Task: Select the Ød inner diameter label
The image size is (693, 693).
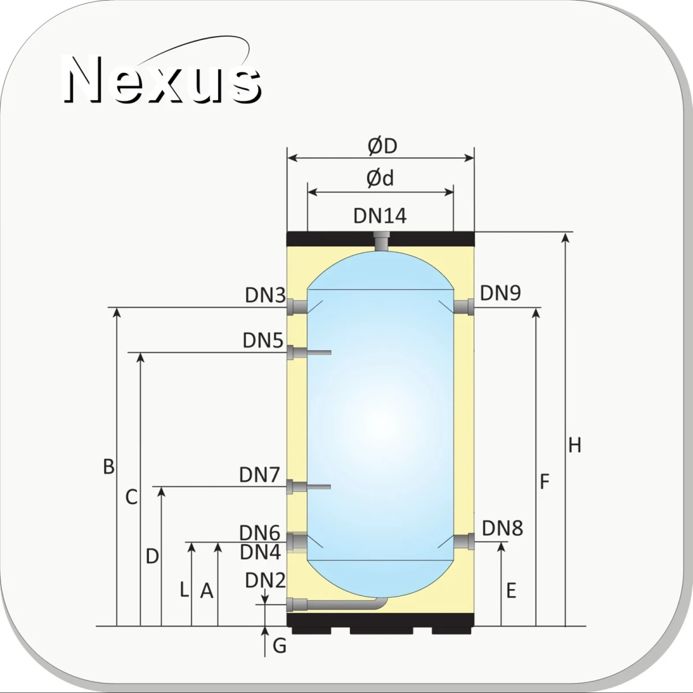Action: (380, 178)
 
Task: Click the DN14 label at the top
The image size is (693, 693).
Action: (380, 216)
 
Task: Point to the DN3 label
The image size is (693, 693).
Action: (265, 295)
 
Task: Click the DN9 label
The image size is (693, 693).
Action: (500, 293)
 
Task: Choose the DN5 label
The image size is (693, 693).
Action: (263, 341)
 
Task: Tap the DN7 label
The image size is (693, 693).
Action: (259, 475)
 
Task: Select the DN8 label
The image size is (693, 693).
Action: (502, 528)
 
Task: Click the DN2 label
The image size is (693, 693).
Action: (265, 580)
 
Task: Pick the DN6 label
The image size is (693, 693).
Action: (260, 532)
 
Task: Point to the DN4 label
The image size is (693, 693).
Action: (260, 552)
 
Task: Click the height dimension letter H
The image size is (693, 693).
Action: (574, 446)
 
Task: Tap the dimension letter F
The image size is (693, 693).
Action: (545, 482)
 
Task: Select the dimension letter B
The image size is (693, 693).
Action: (109, 467)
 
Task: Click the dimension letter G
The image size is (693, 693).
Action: (280, 645)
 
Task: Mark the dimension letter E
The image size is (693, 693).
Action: (511, 591)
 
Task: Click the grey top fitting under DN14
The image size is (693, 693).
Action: (381, 241)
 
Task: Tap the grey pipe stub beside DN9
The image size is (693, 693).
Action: (464, 307)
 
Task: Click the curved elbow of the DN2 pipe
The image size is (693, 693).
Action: (381, 603)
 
